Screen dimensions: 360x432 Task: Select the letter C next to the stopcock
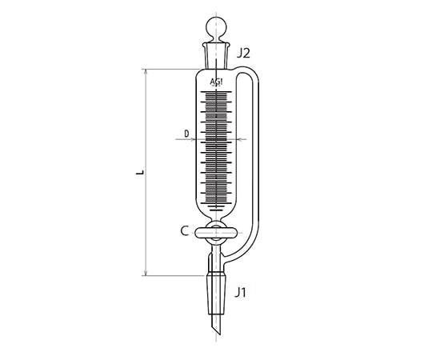coord(184,231)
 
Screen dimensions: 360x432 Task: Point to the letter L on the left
coord(138,171)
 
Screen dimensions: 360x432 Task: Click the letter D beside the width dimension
coord(186,134)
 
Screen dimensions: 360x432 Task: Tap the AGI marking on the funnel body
coord(217,82)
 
